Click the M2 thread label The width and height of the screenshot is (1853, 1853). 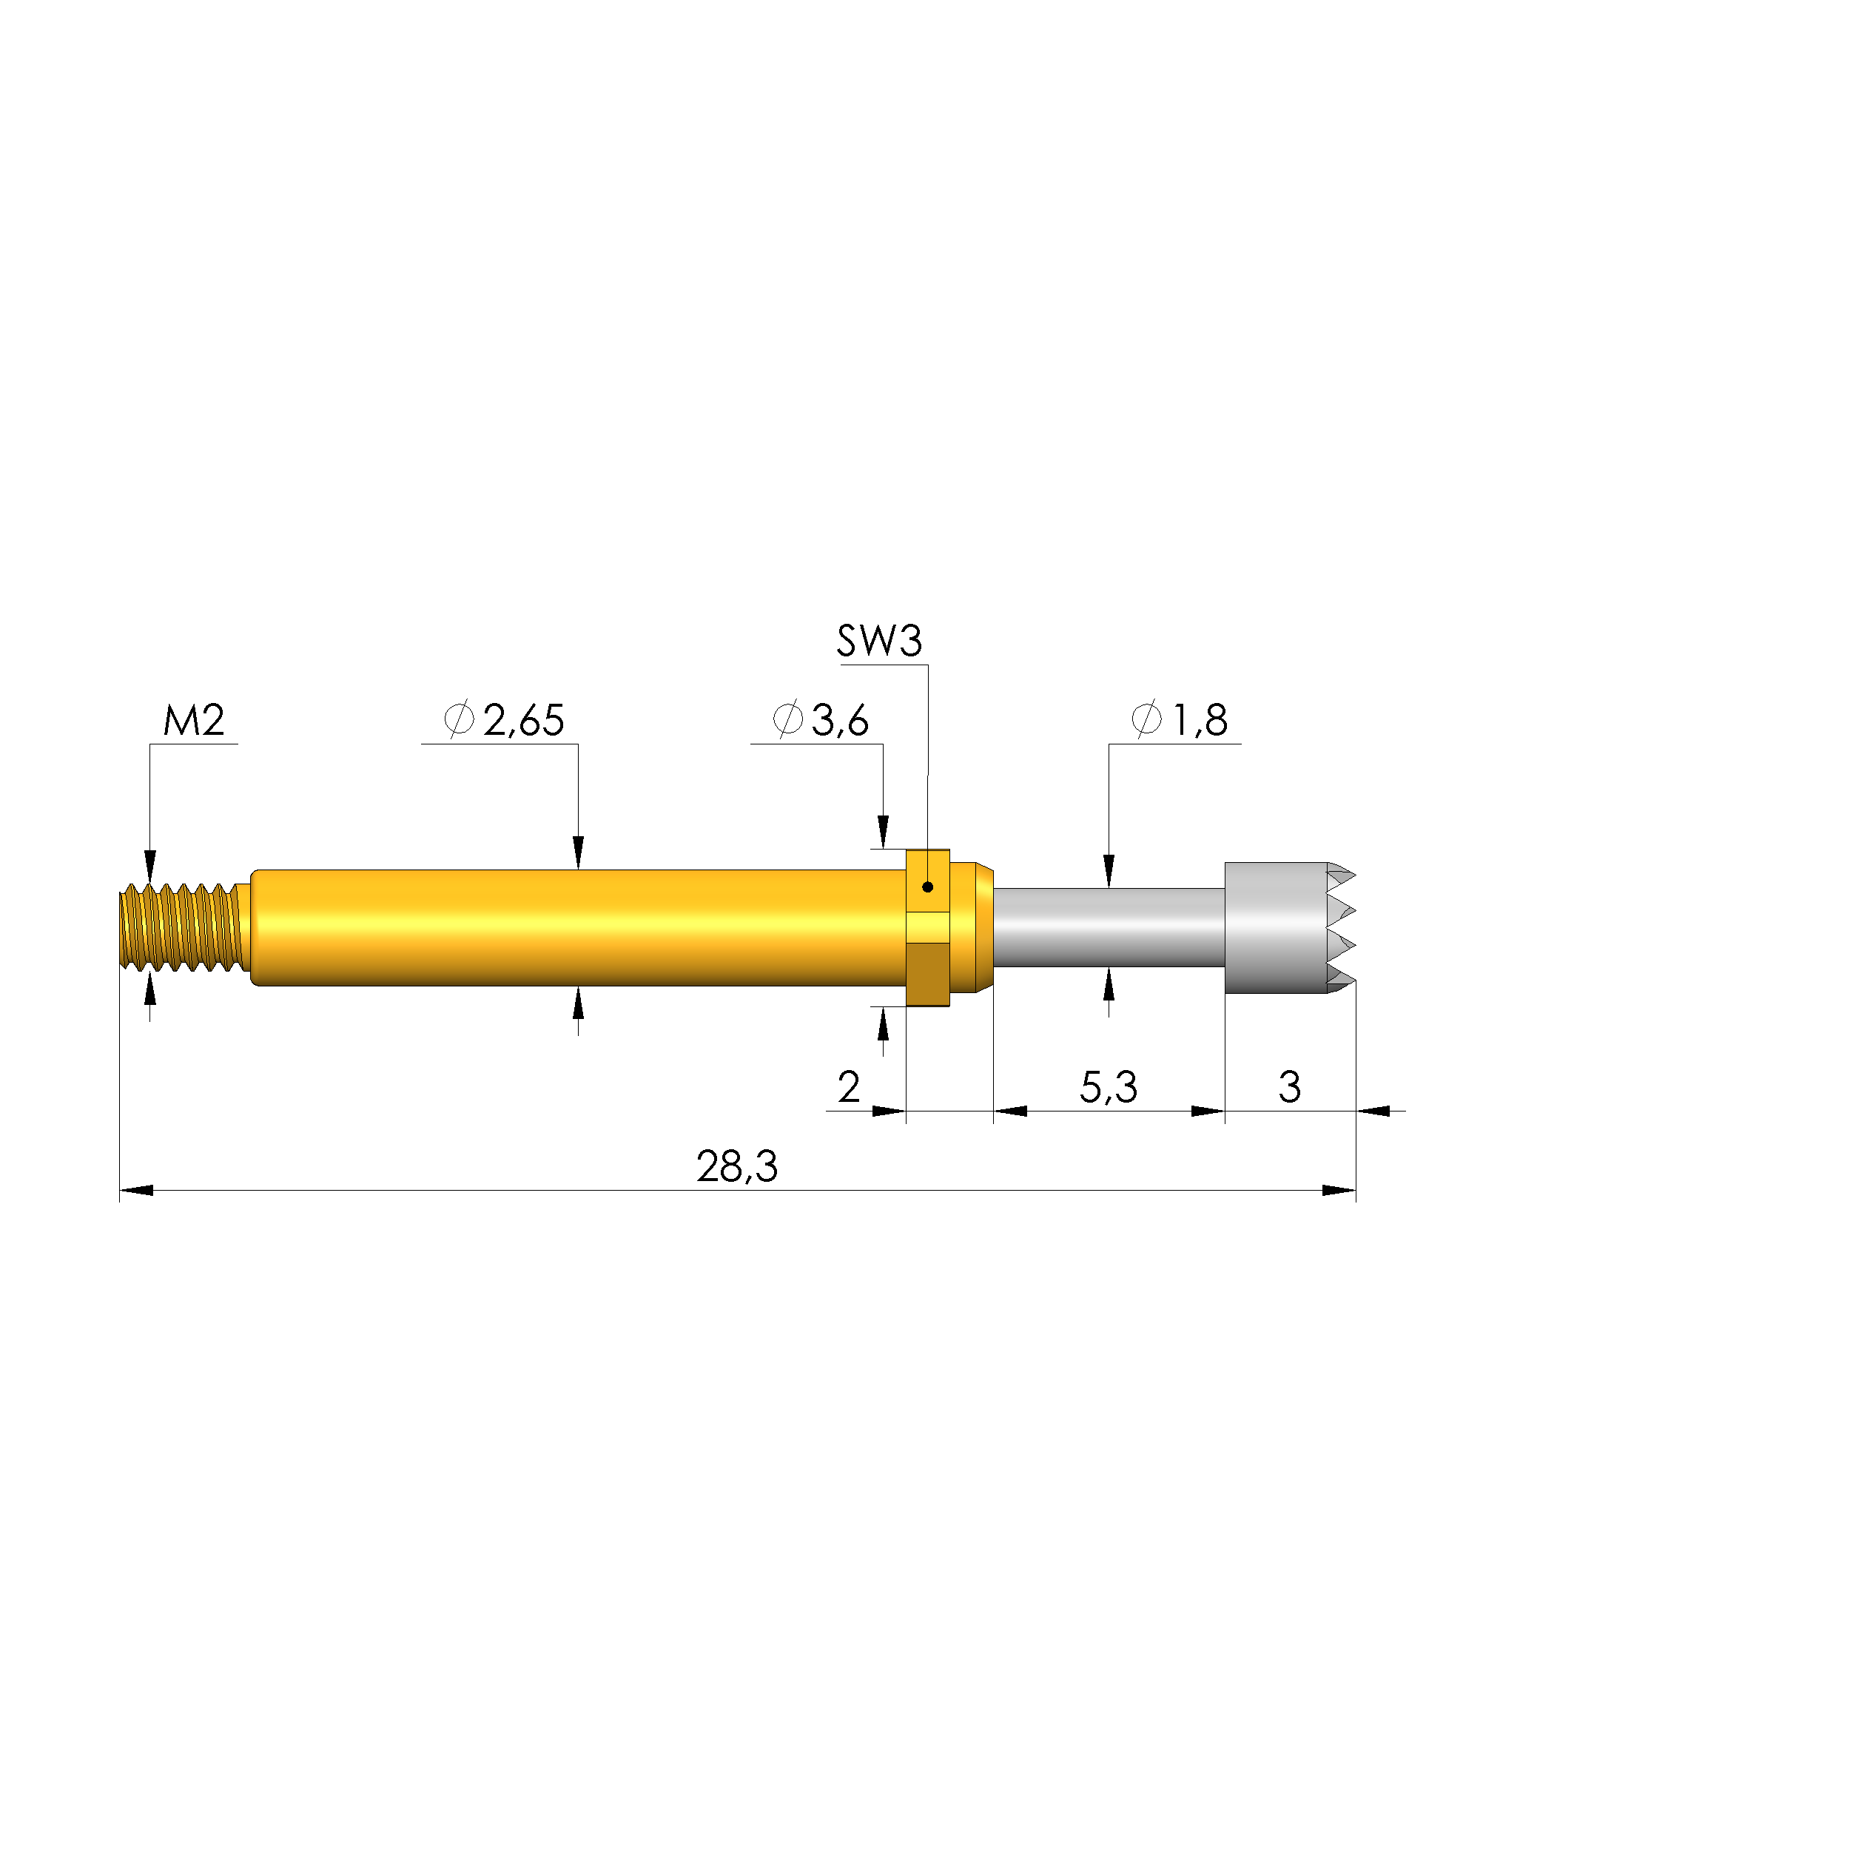click(194, 720)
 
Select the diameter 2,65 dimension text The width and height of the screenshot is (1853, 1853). click(505, 720)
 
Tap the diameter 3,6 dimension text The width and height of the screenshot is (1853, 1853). click(822, 720)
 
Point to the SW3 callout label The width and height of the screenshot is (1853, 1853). click(878, 641)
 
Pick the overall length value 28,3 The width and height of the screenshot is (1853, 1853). click(736, 1166)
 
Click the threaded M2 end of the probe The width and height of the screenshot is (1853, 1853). click(181, 927)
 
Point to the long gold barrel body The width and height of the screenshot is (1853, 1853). click(576, 927)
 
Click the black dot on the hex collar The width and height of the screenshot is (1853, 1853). click(927, 887)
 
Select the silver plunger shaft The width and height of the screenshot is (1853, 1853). click(1108, 927)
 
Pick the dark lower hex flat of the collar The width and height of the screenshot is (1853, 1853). click(927, 974)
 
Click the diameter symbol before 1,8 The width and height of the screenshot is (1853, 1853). click(1146, 719)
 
